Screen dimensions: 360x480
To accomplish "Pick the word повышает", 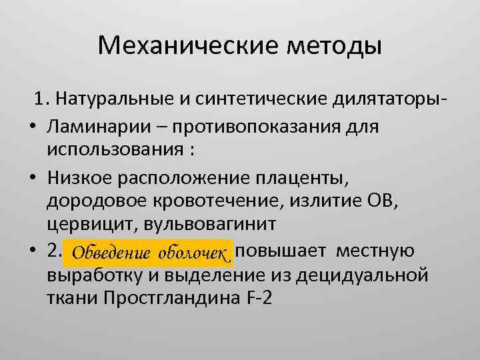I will pyautogui.click(x=285, y=251).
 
